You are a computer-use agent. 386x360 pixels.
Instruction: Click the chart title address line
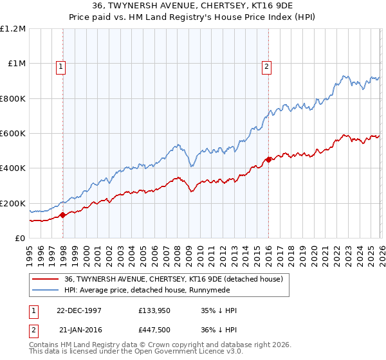click(x=193, y=6)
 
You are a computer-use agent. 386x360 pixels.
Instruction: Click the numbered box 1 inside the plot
click(x=60, y=66)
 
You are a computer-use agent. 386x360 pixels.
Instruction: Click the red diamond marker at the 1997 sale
click(x=63, y=215)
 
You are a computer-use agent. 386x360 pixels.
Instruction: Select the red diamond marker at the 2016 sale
click(x=268, y=160)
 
